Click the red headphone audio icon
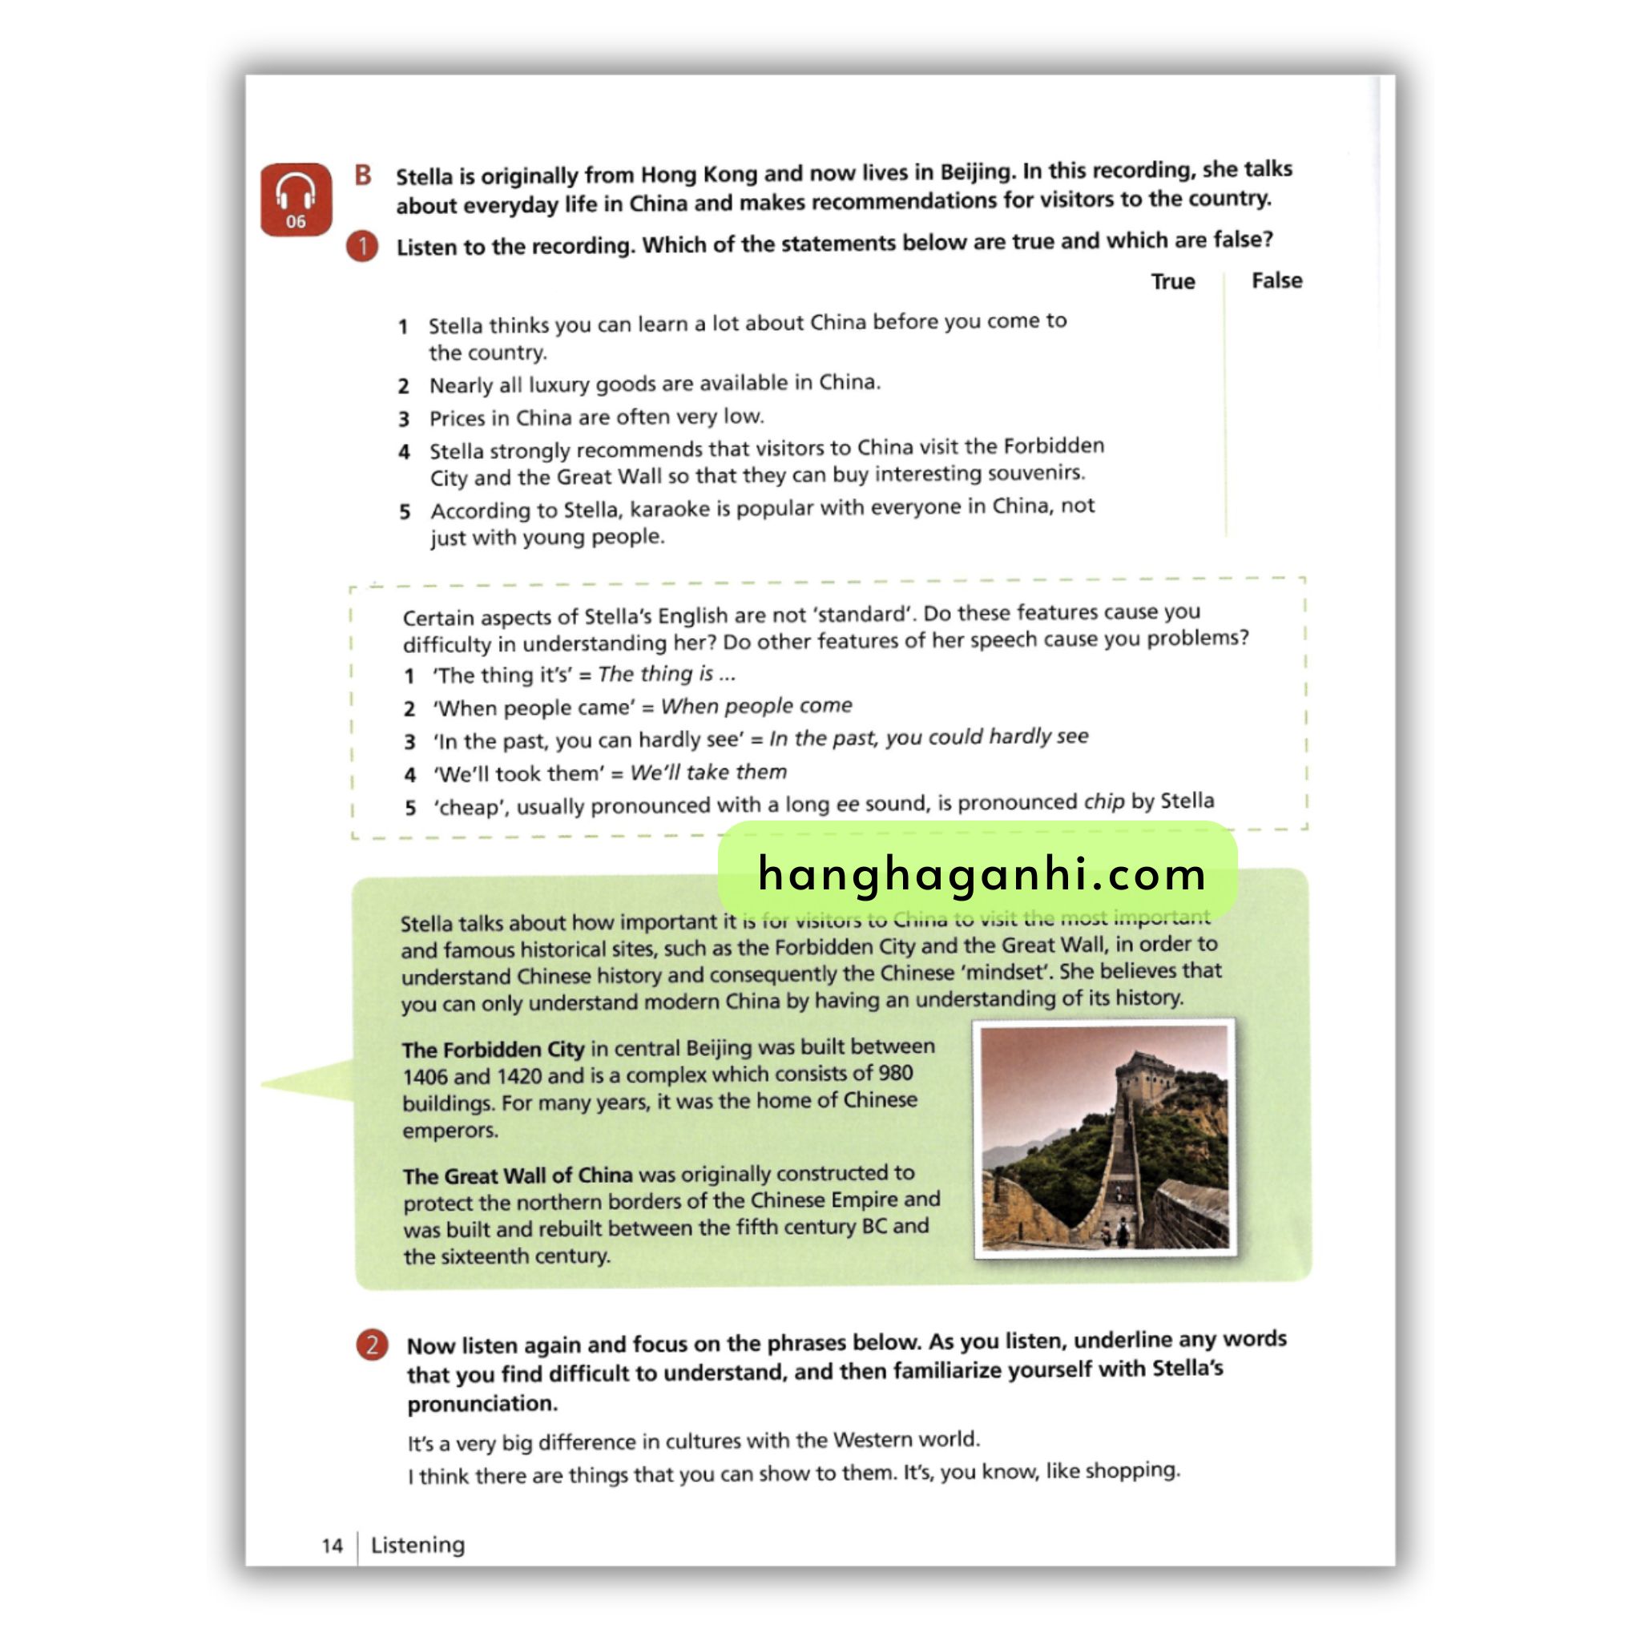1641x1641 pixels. click(296, 199)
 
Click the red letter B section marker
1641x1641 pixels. click(363, 175)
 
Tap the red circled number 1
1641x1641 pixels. click(363, 246)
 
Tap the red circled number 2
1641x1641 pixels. click(372, 1345)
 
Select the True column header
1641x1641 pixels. click(1172, 281)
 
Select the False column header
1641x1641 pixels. click(1276, 280)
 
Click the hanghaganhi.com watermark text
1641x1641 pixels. click(981, 873)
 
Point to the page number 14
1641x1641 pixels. click(332, 1545)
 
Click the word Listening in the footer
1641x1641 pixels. click(418, 1544)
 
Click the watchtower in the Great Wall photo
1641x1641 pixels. click(1144, 1077)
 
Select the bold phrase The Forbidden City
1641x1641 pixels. click(493, 1049)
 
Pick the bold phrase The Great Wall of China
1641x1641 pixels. click(518, 1175)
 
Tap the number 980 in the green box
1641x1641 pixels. click(895, 1073)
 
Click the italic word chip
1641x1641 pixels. click(1103, 802)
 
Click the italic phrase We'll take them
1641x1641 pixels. click(708, 772)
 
